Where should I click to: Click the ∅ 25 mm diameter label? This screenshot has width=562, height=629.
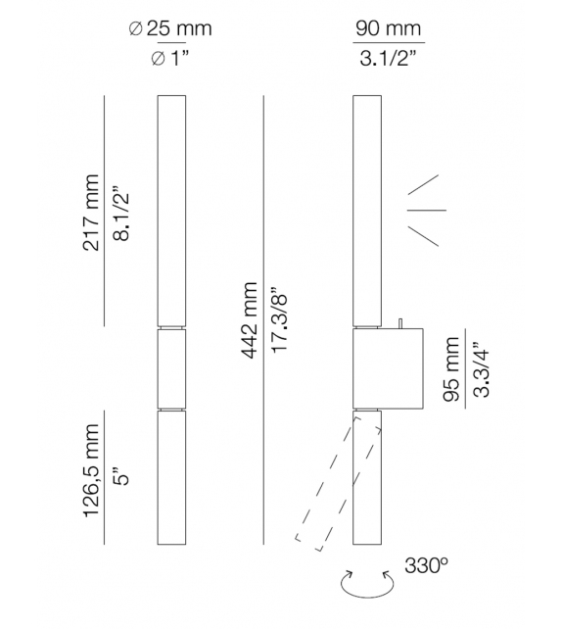point(170,29)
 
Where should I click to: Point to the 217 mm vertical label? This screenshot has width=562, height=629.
point(91,213)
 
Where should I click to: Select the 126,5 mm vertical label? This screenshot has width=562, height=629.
point(91,484)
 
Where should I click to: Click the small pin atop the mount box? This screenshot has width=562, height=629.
point(401,323)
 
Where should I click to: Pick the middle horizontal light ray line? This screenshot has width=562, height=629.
point(426,209)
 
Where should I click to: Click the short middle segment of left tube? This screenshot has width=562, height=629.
point(170,367)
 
